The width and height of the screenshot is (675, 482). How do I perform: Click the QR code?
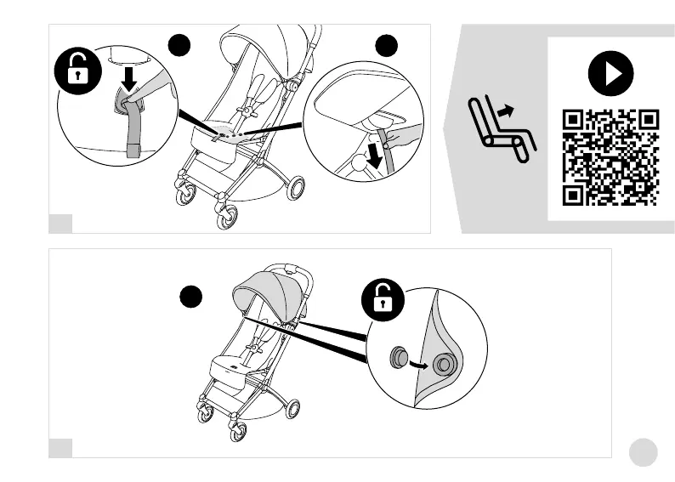610,157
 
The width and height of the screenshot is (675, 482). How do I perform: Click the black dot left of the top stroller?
179,44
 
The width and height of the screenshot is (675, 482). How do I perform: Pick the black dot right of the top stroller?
387,45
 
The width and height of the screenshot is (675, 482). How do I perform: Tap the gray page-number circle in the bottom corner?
644,452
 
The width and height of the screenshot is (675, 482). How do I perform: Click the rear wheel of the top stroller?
294,188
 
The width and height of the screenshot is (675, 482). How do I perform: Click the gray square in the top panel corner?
60,224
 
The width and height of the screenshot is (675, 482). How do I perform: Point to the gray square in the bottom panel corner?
60,448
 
